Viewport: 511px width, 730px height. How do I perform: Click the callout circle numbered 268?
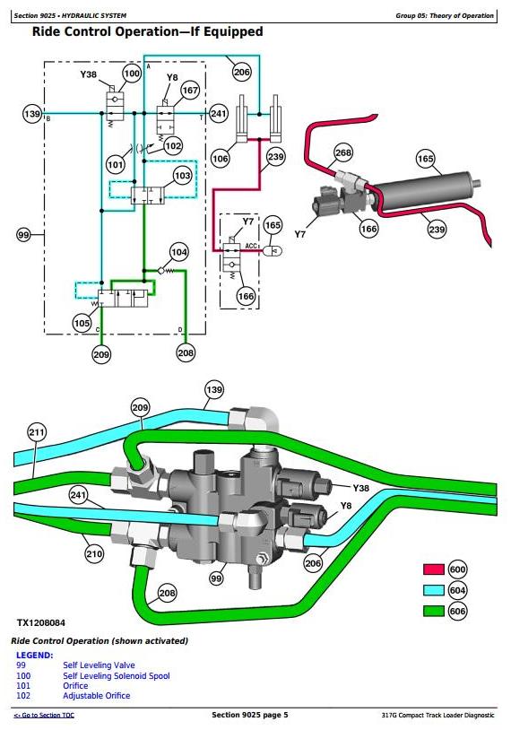[343, 152]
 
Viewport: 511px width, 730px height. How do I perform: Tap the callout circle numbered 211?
[37, 432]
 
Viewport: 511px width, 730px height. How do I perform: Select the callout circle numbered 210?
[94, 553]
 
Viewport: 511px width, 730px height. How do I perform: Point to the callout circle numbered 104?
[179, 252]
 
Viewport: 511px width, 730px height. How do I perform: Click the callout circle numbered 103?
[182, 176]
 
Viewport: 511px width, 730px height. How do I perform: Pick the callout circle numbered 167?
[190, 91]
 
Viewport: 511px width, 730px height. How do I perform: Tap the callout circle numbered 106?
[221, 159]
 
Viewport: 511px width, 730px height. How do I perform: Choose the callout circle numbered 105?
[82, 323]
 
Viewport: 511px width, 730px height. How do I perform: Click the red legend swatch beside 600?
[434, 569]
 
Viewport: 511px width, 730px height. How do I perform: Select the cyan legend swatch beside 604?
[434, 590]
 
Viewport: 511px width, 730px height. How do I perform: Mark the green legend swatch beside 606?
[434, 612]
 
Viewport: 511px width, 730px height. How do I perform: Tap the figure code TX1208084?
[41, 623]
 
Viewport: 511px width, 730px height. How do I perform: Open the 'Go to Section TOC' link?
[44, 715]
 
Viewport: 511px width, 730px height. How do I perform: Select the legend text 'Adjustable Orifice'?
[96, 696]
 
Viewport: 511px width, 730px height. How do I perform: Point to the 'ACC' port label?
[251, 246]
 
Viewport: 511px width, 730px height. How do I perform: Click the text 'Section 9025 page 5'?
[250, 715]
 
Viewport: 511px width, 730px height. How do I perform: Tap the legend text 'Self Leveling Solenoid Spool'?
[117, 675]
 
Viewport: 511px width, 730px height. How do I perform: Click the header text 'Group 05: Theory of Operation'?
[445, 16]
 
